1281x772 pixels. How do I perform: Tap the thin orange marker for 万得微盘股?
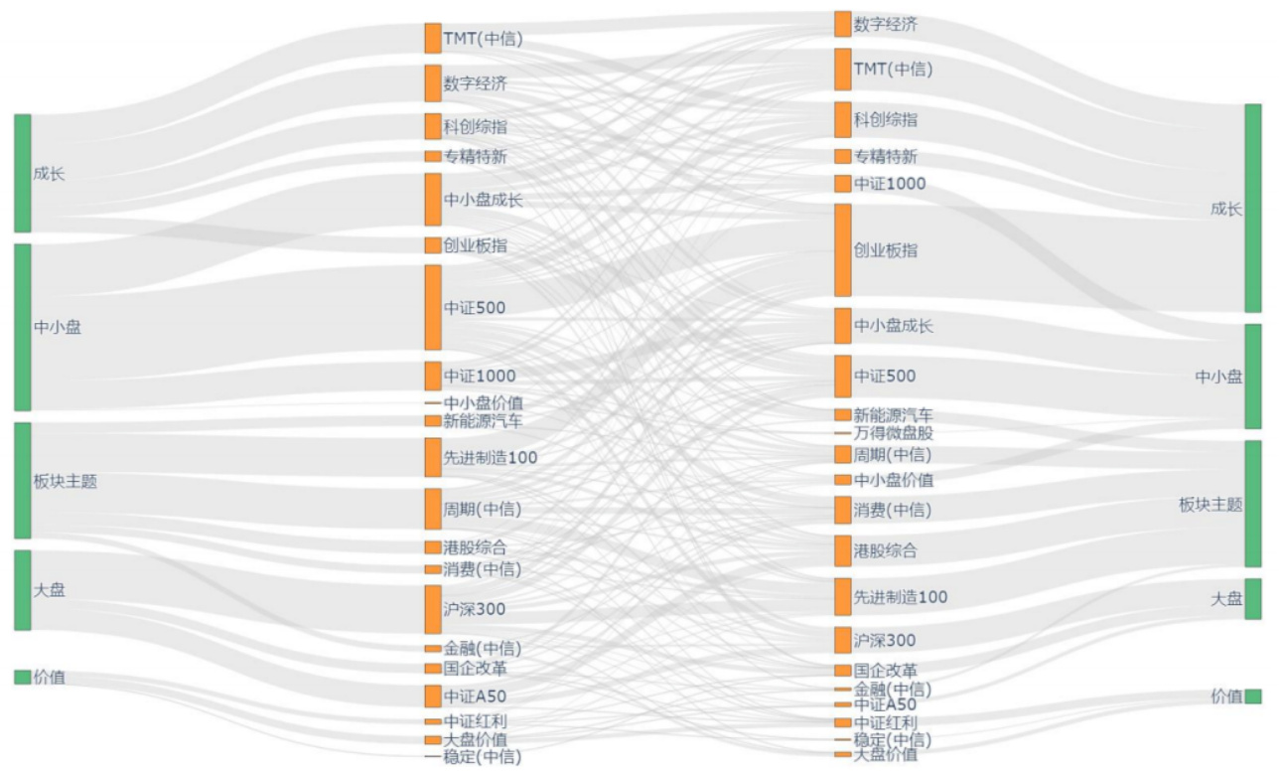pyautogui.click(x=842, y=433)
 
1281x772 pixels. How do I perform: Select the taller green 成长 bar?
pyautogui.click(x=1252, y=208)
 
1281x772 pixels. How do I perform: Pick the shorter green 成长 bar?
pyautogui.click(x=22, y=173)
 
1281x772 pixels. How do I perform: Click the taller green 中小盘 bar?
pyautogui.click(x=22, y=327)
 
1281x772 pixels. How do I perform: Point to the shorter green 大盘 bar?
pyautogui.click(x=1252, y=599)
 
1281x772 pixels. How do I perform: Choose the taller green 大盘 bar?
pyautogui.click(x=22, y=590)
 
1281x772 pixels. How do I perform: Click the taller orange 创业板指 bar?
pyautogui.click(x=842, y=249)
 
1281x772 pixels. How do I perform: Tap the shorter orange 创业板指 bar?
pyautogui.click(x=432, y=244)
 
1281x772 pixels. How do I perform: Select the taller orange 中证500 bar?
pyautogui.click(x=432, y=307)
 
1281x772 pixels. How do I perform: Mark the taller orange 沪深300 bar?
pyautogui.click(x=432, y=609)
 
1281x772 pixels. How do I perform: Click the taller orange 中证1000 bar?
pyautogui.click(x=432, y=376)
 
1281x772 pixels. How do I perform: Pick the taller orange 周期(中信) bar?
pyautogui.click(x=432, y=509)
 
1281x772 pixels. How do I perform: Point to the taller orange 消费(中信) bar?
pyautogui.click(x=842, y=510)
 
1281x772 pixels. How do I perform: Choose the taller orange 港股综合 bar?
pyautogui.click(x=842, y=549)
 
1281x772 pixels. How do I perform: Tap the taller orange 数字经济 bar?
pyautogui.click(x=432, y=83)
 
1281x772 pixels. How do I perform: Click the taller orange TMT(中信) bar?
pyautogui.click(x=842, y=70)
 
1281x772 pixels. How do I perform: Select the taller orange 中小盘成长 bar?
pyautogui.click(x=432, y=199)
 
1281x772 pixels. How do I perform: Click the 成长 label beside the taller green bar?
pyautogui.click(x=1225, y=209)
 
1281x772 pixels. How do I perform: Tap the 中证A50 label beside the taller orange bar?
pyautogui.click(x=475, y=695)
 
